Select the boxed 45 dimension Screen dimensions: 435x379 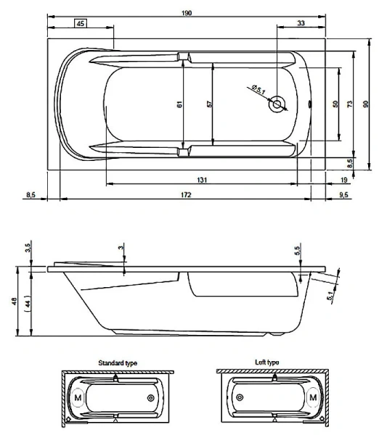coord(81,24)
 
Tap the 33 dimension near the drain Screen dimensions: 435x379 coord(301,24)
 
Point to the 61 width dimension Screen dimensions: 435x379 coord(179,104)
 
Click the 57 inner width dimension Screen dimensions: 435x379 coord(209,104)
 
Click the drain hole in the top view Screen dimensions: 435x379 coord(277,104)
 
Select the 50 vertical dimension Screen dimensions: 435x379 coord(335,104)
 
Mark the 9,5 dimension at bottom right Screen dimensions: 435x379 coord(343,194)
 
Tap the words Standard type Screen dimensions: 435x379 coord(118,362)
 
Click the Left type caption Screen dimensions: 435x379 coord(268,362)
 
